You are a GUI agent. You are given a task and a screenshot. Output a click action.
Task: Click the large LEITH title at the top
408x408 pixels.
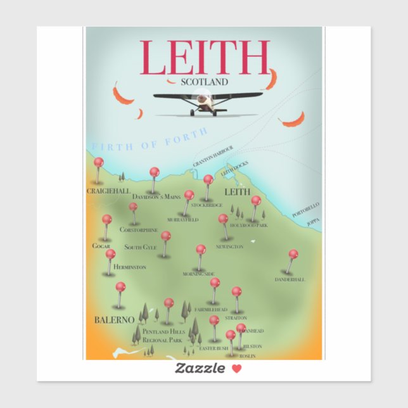point(204,58)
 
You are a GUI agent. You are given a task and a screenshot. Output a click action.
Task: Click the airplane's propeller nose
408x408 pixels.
point(204,99)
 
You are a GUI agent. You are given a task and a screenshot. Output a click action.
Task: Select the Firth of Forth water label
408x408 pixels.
point(150,140)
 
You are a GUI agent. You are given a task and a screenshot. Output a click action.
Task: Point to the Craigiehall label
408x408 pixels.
point(109,190)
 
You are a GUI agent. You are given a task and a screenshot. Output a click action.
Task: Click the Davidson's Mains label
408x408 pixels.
point(156,197)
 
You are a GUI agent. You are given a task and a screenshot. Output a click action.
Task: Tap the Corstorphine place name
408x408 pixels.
point(139,230)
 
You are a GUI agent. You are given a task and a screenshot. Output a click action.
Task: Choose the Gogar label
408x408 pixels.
point(101,245)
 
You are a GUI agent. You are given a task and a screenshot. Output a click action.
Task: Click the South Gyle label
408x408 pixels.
point(141,247)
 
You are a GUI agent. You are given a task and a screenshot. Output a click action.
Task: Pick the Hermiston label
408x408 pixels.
point(129,267)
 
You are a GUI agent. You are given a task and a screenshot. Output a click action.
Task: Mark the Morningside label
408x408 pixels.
point(198,274)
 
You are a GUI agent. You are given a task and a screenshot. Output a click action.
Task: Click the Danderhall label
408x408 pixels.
point(290,279)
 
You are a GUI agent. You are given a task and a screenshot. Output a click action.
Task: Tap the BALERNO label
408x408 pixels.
point(114,320)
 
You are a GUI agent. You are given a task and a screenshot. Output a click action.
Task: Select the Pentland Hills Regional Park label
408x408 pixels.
point(163,336)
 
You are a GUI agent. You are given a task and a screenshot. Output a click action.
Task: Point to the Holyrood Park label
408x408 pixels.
point(249,225)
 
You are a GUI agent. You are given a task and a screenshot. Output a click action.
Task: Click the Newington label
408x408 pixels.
point(229,246)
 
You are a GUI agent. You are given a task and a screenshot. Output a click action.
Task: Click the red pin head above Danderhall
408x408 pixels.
point(293,254)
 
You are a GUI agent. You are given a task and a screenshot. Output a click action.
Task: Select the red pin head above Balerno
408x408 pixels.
point(120,286)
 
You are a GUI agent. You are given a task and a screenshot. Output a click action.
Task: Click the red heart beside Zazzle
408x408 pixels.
point(236,369)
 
